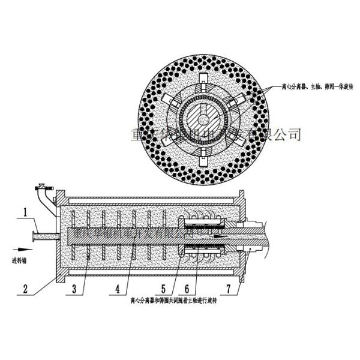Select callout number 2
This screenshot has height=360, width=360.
click(25, 287)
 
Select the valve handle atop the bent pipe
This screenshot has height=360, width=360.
click(41, 185)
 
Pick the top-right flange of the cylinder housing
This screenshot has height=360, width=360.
click(242, 197)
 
